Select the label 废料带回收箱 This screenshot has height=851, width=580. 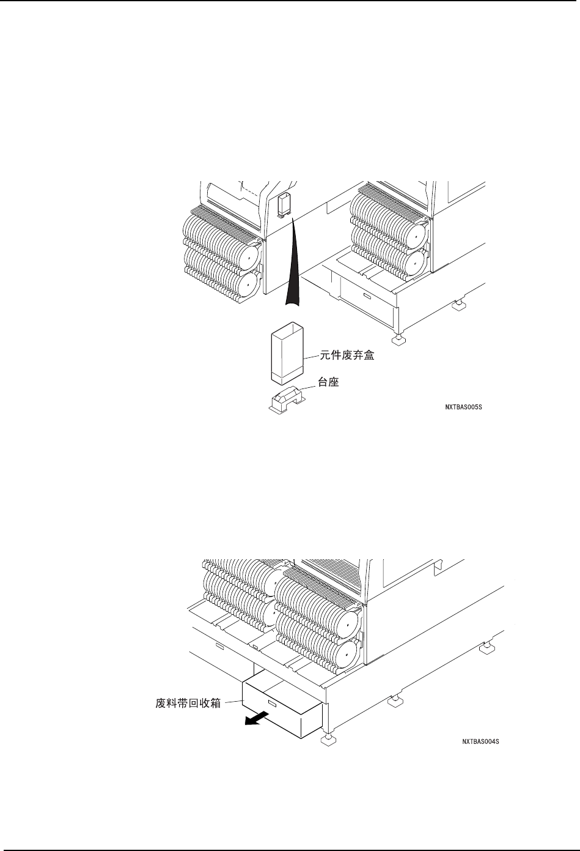(188, 703)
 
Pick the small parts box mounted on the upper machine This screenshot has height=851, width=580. (283, 204)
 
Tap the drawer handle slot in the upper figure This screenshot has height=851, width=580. (367, 296)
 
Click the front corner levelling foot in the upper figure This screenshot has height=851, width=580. (398, 339)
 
